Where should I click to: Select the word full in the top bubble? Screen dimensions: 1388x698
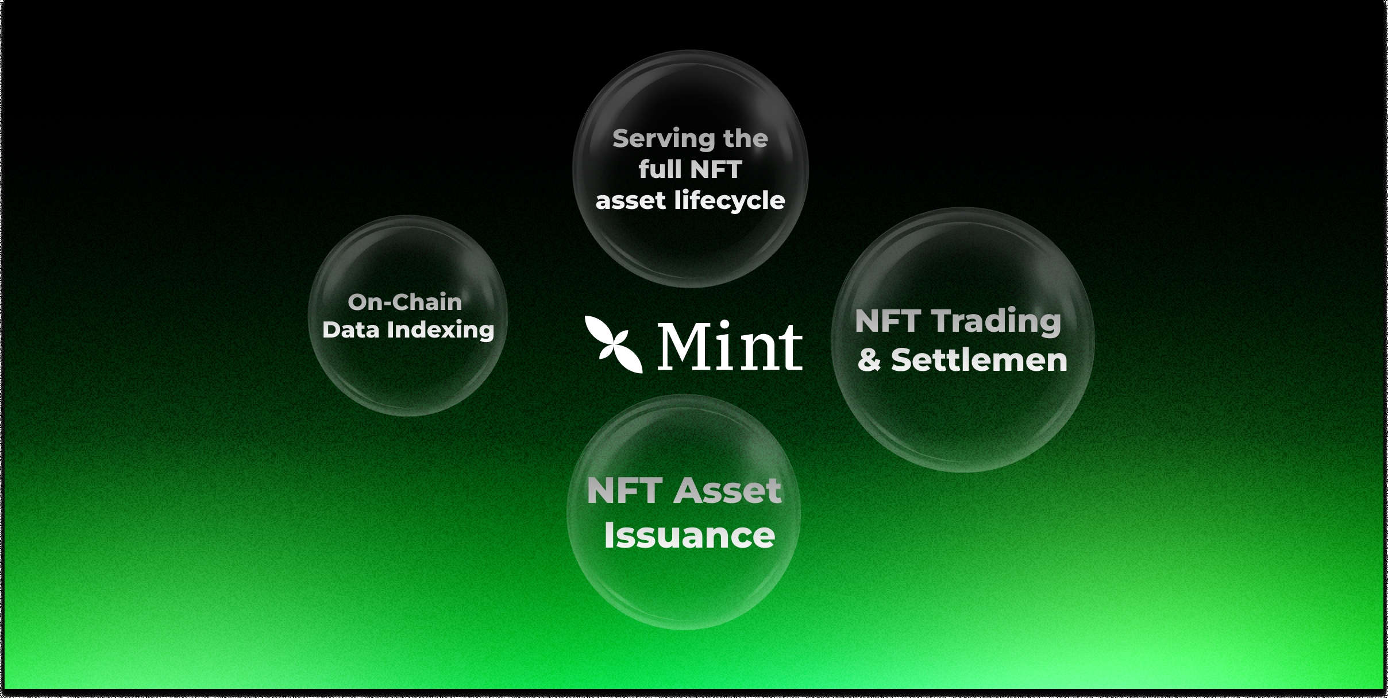[660, 169]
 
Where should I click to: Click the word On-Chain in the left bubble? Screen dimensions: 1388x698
[405, 302]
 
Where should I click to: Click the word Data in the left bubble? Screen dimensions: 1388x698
[351, 330]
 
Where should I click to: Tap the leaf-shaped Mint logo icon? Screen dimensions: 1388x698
[614, 344]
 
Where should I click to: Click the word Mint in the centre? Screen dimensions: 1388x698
[730, 346]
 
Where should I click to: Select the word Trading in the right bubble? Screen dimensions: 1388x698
[996, 321]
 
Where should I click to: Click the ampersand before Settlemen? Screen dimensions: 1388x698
[869, 360]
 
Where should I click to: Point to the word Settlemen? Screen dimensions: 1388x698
[979, 360]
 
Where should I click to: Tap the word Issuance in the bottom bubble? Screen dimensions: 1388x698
[689, 536]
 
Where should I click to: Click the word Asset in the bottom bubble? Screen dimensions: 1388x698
[728, 491]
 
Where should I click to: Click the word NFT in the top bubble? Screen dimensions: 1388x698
[716, 169]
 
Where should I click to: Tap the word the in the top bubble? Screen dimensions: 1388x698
[746, 139]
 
